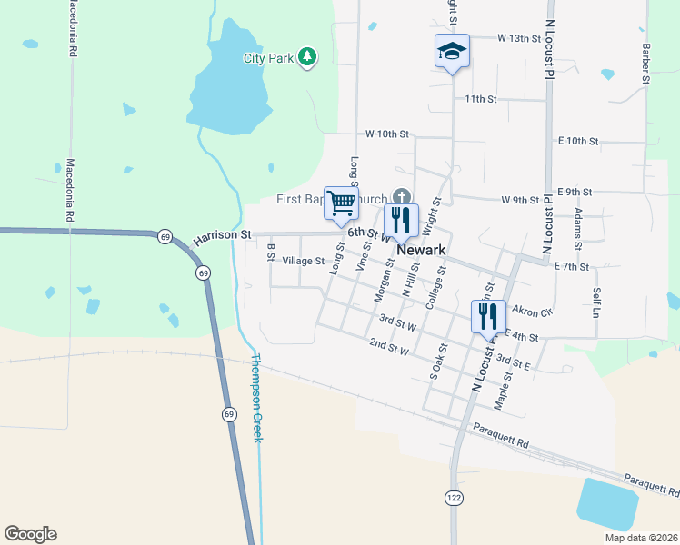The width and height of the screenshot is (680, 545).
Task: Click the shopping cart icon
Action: pyautogui.click(x=342, y=203)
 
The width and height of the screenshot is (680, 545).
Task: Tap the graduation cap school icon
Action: pyautogui.click(x=451, y=52)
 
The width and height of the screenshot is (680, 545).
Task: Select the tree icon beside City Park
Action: pyautogui.click(x=308, y=58)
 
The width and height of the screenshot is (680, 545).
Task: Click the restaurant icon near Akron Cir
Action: pyautogui.click(x=488, y=316)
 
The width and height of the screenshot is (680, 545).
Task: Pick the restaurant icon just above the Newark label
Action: pyautogui.click(x=400, y=220)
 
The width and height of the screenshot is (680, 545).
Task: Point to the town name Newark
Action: pyautogui.click(x=421, y=248)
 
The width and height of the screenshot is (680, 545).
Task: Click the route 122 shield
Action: pyautogui.click(x=453, y=497)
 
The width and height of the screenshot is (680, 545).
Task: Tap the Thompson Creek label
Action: pyautogui.click(x=257, y=398)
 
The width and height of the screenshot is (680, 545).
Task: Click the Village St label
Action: pyautogui.click(x=303, y=261)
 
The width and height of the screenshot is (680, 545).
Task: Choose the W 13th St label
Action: pyautogui.click(x=519, y=39)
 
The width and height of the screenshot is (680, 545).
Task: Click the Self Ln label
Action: pyautogui.click(x=596, y=302)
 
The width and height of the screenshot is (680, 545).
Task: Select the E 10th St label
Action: pyautogui.click(x=576, y=141)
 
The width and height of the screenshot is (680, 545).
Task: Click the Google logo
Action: pyautogui.click(x=30, y=534)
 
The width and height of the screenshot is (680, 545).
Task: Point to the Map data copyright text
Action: pyautogui.click(x=642, y=538)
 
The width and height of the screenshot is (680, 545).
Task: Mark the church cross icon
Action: pyautogui.click(x=401, y=197)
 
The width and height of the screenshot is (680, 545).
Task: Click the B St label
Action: pyautogui.click(x=270, y=252)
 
